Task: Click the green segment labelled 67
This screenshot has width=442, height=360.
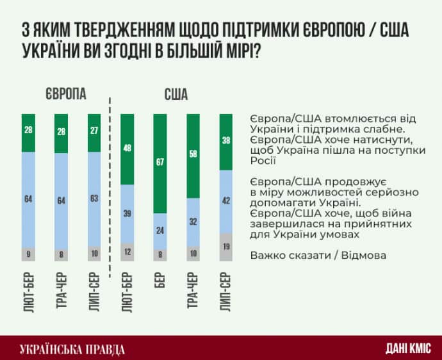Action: pyautogui.click(x=160, y=163)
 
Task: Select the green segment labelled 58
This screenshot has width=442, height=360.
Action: pyautogui.click(x=193, y=156)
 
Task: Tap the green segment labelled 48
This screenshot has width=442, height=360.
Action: pyautogui.click(x=127, y=149)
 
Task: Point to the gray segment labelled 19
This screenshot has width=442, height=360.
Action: pyautogui.click(x=225, y=247)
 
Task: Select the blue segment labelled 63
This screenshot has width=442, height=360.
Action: pyautogui.click(x=94, y=199)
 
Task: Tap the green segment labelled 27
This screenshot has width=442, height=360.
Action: pyautogui.click(x=94, y=132)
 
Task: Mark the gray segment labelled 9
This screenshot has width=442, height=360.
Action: pyautogui.click(x=28, y=254)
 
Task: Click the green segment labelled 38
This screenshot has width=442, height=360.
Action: pyautogui.click(x=225, y=142)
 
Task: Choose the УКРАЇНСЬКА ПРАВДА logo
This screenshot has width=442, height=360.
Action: pyautogui.click(x=72, y=348)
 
